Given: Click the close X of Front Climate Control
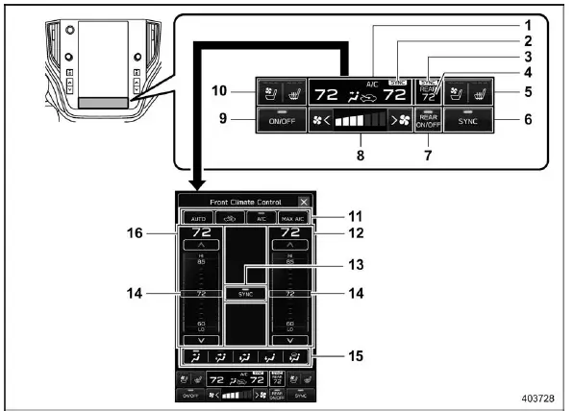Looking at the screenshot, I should (304, 203).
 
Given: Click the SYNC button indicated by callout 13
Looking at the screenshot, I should (244, 292).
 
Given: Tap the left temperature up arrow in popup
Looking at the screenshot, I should (202, 246).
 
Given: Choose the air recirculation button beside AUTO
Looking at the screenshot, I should (229, 218).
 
